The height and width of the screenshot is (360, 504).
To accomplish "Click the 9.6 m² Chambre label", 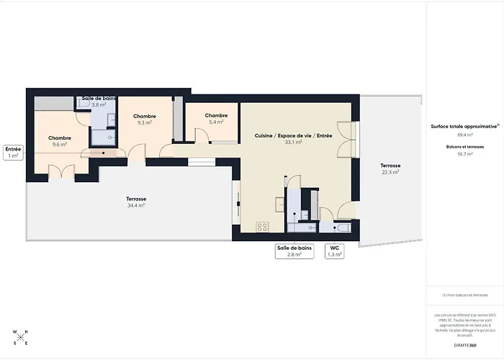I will tap(60, 141).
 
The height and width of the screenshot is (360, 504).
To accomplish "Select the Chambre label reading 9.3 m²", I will tap(145, 120).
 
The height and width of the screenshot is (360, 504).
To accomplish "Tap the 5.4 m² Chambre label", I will tap(216, 119).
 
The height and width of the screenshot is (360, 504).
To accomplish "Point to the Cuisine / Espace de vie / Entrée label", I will tap(293, 139).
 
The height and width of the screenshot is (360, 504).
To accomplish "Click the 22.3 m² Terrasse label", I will tap(390, 168).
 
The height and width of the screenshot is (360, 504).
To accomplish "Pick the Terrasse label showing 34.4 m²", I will tap(136, 202).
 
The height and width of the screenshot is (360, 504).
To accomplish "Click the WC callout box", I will tap(334, 251).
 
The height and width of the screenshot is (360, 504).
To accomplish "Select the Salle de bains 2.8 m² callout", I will tap(294, 251).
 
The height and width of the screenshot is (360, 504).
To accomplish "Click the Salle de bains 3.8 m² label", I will tap(99, 101).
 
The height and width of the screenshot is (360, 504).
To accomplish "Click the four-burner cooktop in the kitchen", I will tap(263, 227).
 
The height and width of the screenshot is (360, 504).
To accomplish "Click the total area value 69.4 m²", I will tap(464, 135).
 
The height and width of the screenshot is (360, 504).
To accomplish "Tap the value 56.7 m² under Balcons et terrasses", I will tap(464, 154).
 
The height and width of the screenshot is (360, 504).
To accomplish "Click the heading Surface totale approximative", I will tap(464, 125).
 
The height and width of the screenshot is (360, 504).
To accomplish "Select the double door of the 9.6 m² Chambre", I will tap(60, 170).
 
